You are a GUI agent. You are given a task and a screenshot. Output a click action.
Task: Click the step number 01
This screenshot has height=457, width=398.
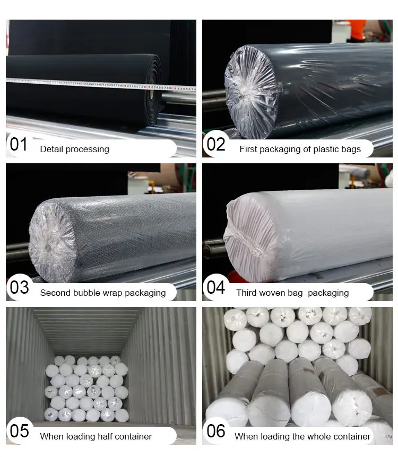coord(19,144)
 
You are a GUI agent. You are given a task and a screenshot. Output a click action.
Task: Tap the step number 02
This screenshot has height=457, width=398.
coord(216,144)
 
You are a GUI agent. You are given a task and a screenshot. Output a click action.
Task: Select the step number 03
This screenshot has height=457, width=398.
coord(19,287)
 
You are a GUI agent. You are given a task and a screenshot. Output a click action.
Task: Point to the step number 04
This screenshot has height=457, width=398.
coord(216,287)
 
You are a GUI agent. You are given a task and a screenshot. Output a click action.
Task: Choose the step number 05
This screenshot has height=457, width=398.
coord(19,431)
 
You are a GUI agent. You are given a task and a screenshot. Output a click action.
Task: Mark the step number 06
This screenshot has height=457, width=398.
coord(216,431)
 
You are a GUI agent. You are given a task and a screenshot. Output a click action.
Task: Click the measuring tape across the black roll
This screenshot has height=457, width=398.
coord(101,84)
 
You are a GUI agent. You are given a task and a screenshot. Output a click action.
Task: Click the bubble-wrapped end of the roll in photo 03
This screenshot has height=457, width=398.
coord(52,242)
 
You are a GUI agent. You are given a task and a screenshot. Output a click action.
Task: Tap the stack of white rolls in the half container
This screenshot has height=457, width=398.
coord(86,389)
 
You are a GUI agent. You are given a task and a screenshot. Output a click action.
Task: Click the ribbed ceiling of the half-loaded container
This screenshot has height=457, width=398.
coord(86,330)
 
